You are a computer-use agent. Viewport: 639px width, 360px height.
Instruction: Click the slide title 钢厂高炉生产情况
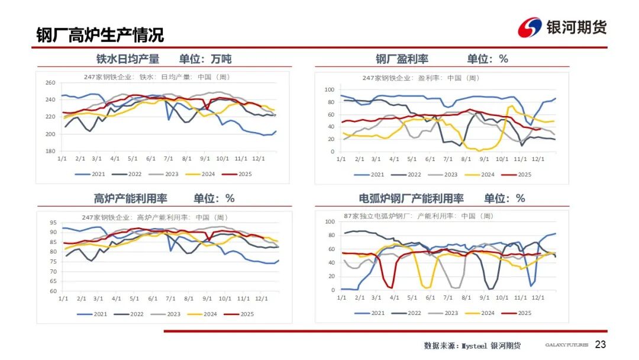pos(100,35)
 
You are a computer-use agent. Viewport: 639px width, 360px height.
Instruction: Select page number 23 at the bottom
pos(600,345)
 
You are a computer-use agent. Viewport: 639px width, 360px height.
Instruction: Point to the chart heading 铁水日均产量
pos(128,59)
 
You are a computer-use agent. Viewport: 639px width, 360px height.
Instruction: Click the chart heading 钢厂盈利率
pos(402,59)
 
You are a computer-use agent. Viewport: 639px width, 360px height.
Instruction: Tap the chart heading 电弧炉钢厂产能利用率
pos(411,198)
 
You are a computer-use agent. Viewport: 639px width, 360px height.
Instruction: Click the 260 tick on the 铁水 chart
pos(50,83)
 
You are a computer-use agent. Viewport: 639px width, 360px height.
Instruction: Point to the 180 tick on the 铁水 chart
pos(50,151)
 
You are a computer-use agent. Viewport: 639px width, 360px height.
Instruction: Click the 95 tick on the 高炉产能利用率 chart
pos(53,223)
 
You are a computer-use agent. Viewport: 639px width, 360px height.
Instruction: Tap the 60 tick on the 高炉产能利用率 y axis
pos(53,291)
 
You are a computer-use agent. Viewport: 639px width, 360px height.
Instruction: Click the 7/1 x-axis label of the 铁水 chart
pos(168,159)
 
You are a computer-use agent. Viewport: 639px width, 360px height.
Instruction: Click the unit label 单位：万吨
pos(205,59)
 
